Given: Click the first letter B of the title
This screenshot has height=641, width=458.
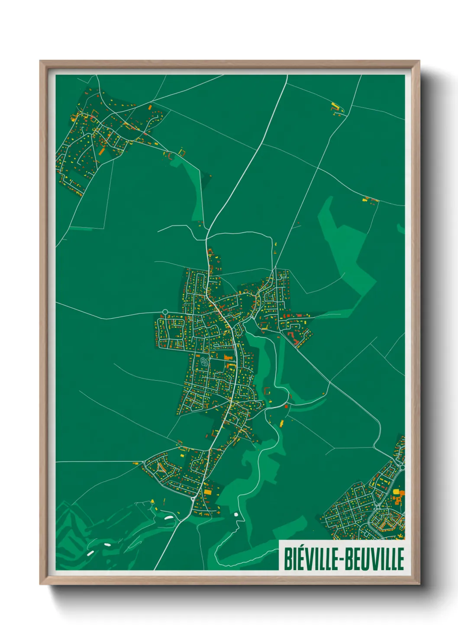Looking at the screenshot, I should pos(287,559).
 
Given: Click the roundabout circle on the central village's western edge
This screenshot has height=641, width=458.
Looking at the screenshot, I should pos(165,311).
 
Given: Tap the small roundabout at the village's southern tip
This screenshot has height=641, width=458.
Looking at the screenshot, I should pos(192,499).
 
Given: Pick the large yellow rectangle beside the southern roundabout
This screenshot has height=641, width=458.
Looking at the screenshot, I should pos(208,492).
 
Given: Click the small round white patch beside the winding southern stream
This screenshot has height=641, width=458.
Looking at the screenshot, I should pos(236,515).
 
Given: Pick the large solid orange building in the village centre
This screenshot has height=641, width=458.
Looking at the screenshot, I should pos(228,357).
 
